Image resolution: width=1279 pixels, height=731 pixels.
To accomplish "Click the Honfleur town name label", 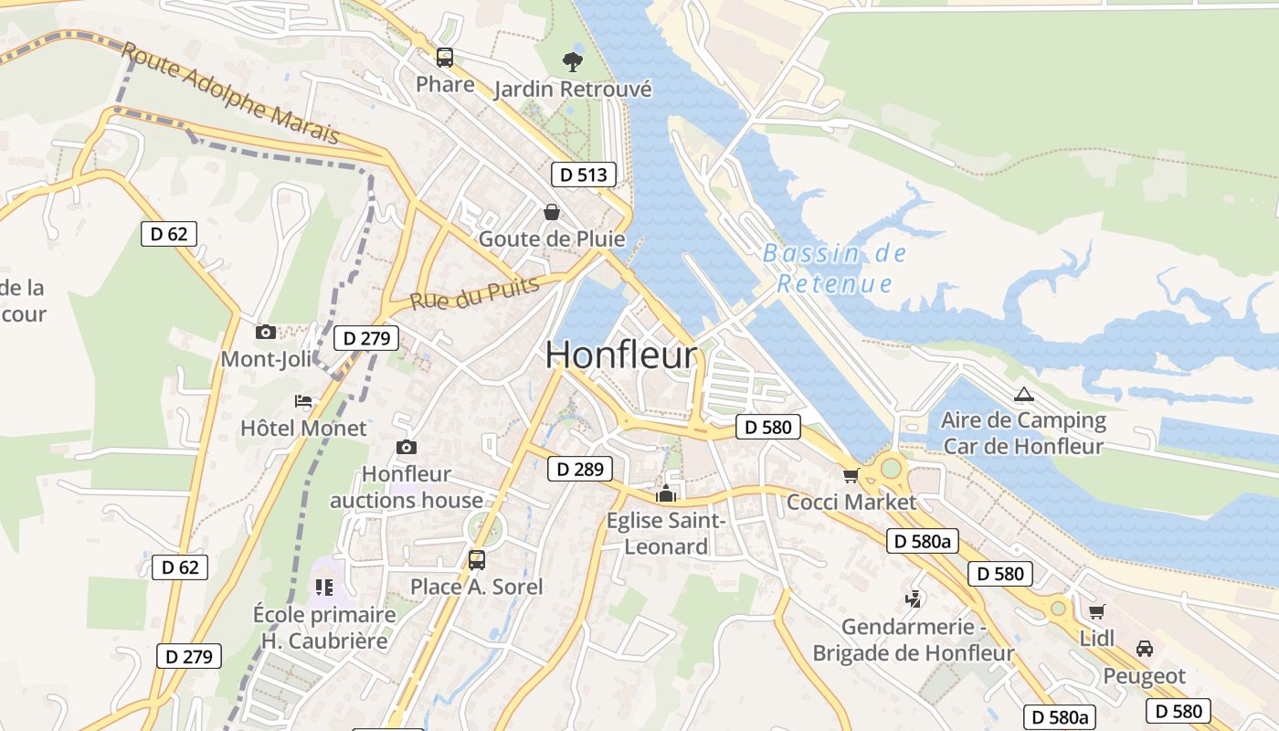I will (x=621, y=355).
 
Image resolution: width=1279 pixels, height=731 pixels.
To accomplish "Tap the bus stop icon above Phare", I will (x=445, y=58).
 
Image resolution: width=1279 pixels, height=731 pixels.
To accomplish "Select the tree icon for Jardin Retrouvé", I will (x=573, y=62).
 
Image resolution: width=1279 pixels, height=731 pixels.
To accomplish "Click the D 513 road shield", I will (x=584, y=175).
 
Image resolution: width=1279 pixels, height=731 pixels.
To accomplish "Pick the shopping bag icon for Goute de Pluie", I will (x=552, y=212).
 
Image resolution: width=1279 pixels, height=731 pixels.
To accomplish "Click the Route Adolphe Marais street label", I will (x=230, y=93).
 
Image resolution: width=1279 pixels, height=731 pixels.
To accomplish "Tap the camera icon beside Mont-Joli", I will (x=266, y=332).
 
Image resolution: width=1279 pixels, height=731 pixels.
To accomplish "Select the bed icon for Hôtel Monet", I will (x=303, y=401).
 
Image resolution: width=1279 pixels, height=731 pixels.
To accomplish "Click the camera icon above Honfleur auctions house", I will (x=407, y=447).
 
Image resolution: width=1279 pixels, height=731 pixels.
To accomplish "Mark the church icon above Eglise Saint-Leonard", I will (x=666, y=494).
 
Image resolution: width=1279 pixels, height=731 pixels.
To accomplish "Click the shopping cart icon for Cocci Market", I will (x=851, y=475).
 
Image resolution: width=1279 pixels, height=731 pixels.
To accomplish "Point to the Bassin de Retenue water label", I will (x=834, y=269).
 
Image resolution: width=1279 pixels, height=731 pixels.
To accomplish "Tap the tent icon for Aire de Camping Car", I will (x=1023, y=395).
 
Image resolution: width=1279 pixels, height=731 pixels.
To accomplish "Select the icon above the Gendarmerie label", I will (x=912, y=599).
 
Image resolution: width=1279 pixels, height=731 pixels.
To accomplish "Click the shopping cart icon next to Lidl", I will (x=1096, y=611).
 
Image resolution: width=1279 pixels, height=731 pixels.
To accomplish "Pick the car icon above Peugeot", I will (x=1144, y=649).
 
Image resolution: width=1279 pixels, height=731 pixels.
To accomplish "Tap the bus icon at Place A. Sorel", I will (x=476, y=559).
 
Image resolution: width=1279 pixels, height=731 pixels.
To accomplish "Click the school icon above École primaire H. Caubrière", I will (x=324, y=587).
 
